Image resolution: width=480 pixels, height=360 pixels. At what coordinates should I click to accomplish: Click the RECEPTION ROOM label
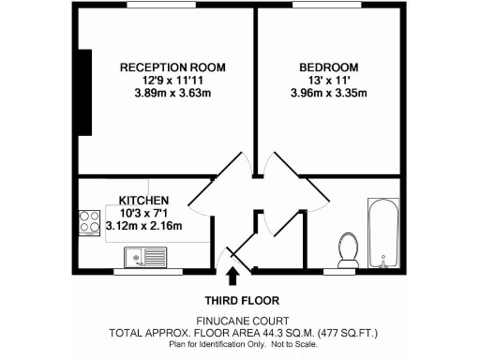(165, 67)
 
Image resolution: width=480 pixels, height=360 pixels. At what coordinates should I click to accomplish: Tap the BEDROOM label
(329, 67)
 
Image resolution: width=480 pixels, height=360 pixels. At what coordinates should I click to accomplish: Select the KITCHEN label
(143, 200)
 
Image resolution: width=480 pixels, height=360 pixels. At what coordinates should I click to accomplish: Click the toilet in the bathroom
(348, 248)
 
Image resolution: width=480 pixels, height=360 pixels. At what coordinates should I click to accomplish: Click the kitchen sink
(145, 254)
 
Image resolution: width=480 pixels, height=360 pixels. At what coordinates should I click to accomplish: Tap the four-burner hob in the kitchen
(91, 222)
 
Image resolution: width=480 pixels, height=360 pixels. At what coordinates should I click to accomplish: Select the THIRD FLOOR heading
(239, 301)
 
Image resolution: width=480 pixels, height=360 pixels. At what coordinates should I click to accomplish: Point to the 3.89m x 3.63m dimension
(165, 93)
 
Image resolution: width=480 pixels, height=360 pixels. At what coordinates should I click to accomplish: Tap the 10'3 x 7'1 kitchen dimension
(142, 213)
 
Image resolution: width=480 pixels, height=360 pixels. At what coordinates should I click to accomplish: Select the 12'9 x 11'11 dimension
(165, 80)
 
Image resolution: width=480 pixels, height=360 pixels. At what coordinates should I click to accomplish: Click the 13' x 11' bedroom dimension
(330, 80)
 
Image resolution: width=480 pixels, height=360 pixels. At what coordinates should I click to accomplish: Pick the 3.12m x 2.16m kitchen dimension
(143, 226)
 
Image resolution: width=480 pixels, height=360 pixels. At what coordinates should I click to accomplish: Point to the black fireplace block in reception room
(88, 93)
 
